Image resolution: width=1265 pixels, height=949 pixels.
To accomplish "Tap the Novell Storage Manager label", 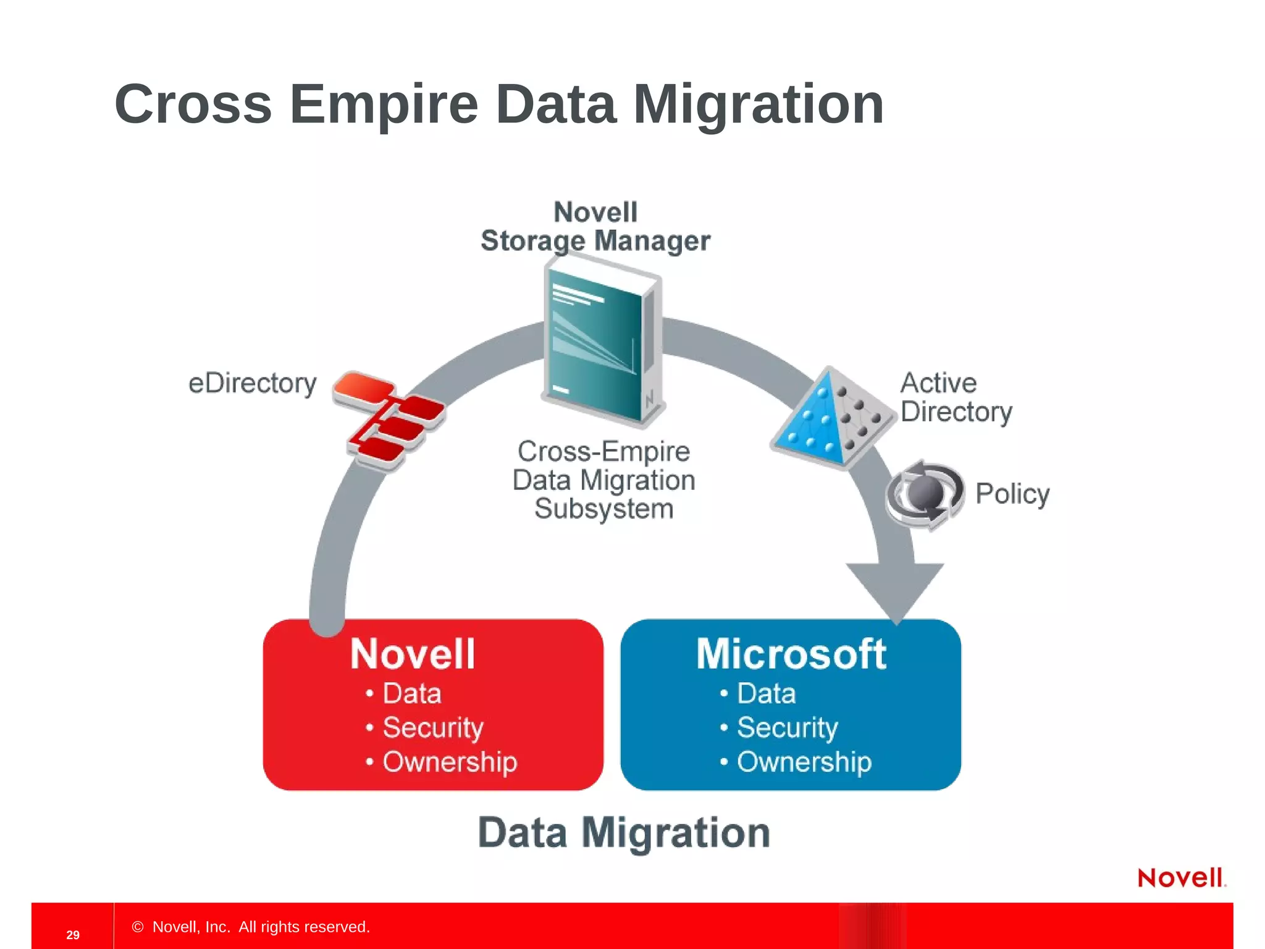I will pyautogui.click(x=595, y=226).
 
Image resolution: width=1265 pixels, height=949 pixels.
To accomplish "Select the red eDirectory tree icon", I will pyautogui.click(x=388, y=420).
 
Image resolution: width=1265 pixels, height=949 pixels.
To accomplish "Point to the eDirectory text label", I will pyautogui.click(x=252, y=384).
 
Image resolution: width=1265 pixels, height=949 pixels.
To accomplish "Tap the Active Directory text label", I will pyautogui.click(x=955, y=397).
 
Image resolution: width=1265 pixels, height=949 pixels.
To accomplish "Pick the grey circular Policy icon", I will pyautogui.click(x=924, y=494).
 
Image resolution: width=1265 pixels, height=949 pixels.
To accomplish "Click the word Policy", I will pyautogui.click(x=1012, y=494).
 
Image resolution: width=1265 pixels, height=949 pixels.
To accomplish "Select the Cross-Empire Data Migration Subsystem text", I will pyautogui.click(x=603, y=480).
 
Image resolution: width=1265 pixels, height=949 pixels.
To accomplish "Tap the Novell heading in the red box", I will pyautogui.click(x=413, y=654).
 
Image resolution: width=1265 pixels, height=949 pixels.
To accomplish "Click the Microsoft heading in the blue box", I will pyautogui.click(x=791, y=654).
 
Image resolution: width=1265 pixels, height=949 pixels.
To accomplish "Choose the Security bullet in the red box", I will pyautogui.click(x=432, y=727).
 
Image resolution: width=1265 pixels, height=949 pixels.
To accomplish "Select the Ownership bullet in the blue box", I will pyautogui.click(x=804, y=762).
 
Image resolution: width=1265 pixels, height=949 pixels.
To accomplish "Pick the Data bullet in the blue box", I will pyautogui.click(x=766, y=693).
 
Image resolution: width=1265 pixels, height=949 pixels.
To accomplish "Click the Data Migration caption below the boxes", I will pyautogui.click(x=624, y=833).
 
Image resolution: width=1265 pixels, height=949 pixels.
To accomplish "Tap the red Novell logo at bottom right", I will pyautogui.click(x=1181, y=878).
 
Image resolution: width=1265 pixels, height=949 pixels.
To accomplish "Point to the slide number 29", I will pyautogui.click(x=73, y=935).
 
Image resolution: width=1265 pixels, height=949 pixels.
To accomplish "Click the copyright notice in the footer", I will pyautogui.click(x=251, y=927).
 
